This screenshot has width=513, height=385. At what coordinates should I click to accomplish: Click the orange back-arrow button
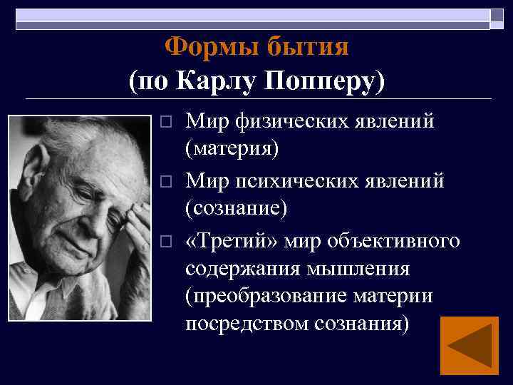(469, 346)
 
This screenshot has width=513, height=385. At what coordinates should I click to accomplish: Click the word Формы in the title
(212, 47)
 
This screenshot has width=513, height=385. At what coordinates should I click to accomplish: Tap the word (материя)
(232, 148)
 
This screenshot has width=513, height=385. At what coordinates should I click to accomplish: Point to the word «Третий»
(227, 241)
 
